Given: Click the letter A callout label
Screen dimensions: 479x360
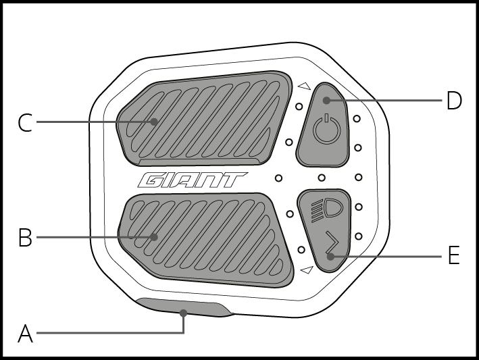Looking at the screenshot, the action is (x=25, y=334).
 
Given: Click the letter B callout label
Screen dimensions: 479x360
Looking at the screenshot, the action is (x=25, y=238).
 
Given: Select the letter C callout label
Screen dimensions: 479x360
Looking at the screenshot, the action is (x=25, y=123).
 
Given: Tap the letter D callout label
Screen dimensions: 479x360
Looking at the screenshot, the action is (x=454, y=101).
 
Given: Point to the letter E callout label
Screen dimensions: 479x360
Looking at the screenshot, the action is (x=453, y=256).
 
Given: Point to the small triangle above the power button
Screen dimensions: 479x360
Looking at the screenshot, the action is (x=303, y=86).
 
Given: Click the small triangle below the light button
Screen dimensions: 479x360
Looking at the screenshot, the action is (x=307, y=270).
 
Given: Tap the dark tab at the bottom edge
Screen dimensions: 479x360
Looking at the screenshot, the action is (x=182, y=308).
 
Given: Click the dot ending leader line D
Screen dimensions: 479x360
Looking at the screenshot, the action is (x=326, y=101).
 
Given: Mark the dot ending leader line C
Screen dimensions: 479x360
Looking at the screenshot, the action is (x=155, y=122).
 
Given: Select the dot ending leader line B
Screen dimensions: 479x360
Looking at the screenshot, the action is (x=155, y=237).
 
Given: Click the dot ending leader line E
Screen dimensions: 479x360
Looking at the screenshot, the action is (x=330, y=256).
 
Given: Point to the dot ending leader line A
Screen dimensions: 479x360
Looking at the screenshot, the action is (x=183, y=313).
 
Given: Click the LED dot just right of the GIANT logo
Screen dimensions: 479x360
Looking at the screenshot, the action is (x=278, y=178).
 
